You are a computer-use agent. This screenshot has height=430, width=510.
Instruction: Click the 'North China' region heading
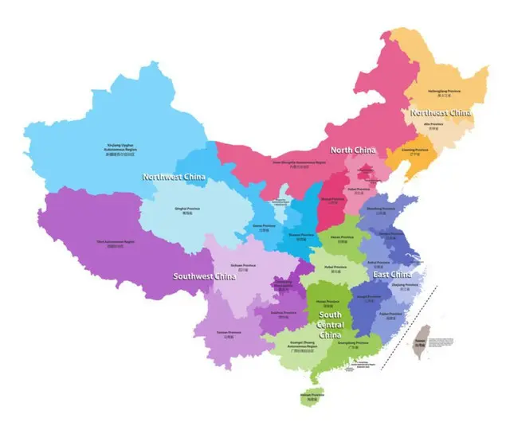[x=353, y=150]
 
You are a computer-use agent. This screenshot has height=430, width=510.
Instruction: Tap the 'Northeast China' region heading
[x=440, y=112]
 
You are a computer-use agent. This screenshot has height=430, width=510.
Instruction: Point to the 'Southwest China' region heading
[x=205, y=276]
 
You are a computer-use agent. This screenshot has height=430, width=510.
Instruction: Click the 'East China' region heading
[x=393, y=274]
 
